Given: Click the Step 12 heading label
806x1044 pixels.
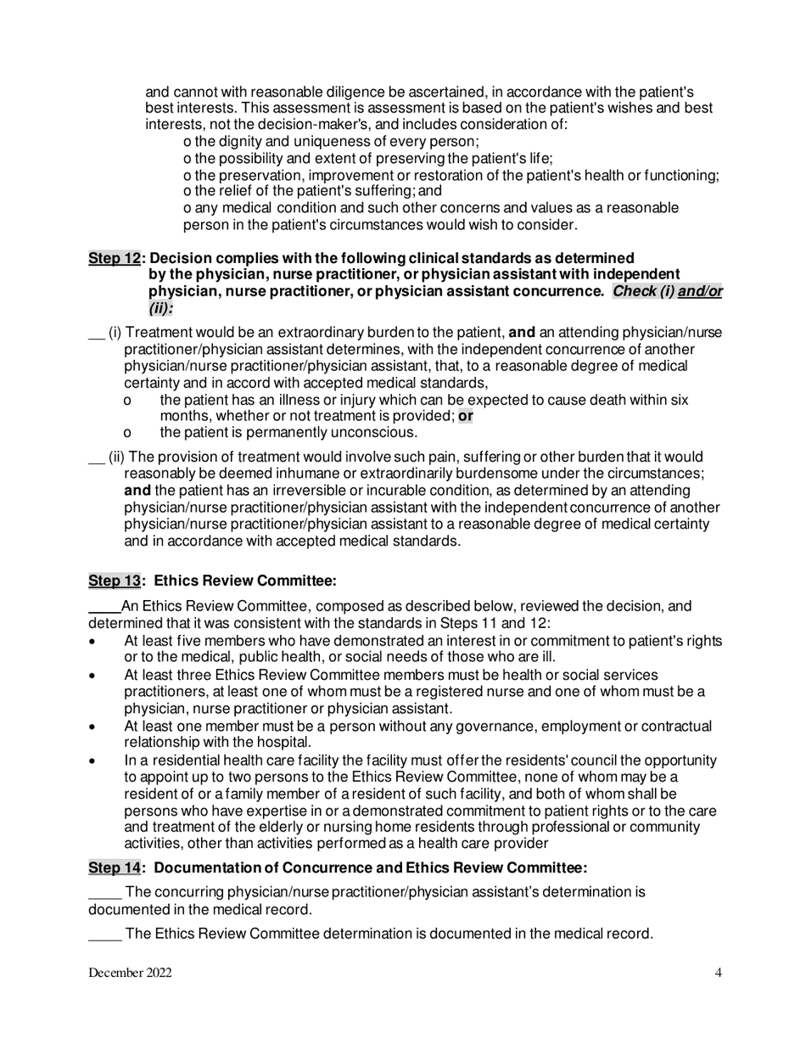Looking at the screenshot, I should tap(114, 257).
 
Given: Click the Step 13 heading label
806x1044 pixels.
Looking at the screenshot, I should tap(114, 581).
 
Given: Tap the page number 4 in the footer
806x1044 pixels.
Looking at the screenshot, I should tap(718, 973).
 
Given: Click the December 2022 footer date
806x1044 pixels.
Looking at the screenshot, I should tap(130, 973).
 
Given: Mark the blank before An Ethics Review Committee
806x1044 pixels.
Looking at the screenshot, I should tap(104, 609).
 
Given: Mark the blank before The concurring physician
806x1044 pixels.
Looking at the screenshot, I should tap(104, 895).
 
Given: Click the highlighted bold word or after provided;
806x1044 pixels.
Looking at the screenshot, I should tap(466, 416).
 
